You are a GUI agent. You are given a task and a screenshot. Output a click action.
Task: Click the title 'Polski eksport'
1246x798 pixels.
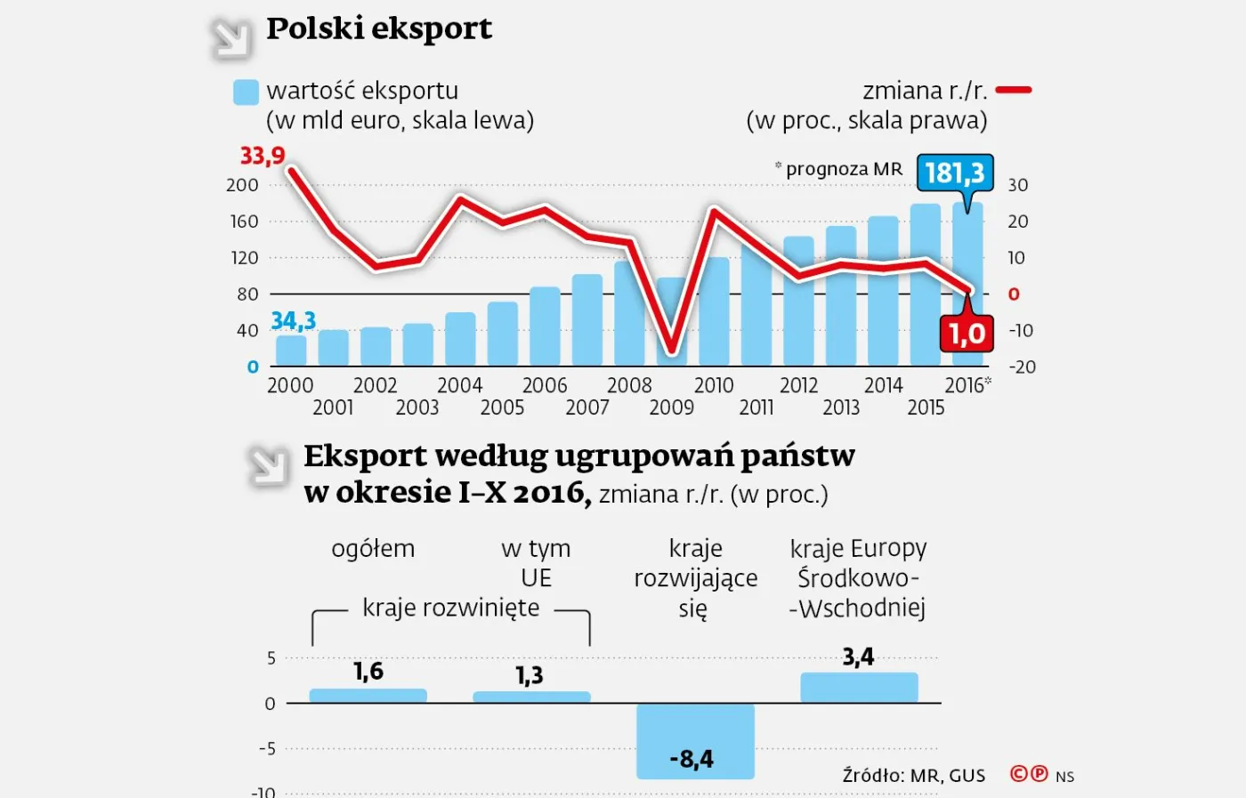tap(379, 28)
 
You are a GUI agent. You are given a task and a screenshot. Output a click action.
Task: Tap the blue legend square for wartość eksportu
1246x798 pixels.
tap(246, 93)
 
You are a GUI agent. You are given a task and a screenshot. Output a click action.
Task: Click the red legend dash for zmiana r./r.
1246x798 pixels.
tap(1014, 90)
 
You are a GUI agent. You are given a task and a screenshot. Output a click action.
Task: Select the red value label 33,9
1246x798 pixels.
tap(263, 156)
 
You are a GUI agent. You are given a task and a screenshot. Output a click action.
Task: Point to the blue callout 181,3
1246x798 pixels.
tap(954, 173)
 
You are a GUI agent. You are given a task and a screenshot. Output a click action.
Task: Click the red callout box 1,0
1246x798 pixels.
tap(967, 334)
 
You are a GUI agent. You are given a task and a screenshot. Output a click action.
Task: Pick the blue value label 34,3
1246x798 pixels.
tap(293, 320)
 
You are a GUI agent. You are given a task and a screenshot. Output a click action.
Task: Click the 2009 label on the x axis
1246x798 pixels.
tap(671, 407)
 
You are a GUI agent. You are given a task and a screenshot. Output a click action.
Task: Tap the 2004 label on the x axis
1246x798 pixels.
tap(459, 385)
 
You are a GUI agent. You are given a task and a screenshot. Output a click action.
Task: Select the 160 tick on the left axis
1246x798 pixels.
tap(244, 222)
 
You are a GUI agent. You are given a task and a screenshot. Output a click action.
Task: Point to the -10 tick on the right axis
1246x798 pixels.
tap(1021, 331)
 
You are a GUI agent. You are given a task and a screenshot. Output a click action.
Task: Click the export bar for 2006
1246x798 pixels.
tap(545, 326)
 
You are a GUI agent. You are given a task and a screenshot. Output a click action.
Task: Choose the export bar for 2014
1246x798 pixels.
tap(883, 290)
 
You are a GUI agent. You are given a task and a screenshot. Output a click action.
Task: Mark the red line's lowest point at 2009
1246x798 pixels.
tap(672, 350)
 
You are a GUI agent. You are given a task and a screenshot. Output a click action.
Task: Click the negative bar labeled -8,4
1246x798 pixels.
tap(695, 741)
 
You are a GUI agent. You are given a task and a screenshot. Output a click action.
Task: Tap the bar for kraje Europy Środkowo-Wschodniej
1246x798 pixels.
tap(859, 688)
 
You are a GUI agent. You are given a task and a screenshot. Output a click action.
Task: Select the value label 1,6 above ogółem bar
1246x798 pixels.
tap(368, 671)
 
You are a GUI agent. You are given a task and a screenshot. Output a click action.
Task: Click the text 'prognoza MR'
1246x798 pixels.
tap(844, 169)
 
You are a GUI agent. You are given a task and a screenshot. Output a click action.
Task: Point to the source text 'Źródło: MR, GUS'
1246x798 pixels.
tap(914, 776)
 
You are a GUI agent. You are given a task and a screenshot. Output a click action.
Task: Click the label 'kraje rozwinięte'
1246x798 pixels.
tap(450, 608)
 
